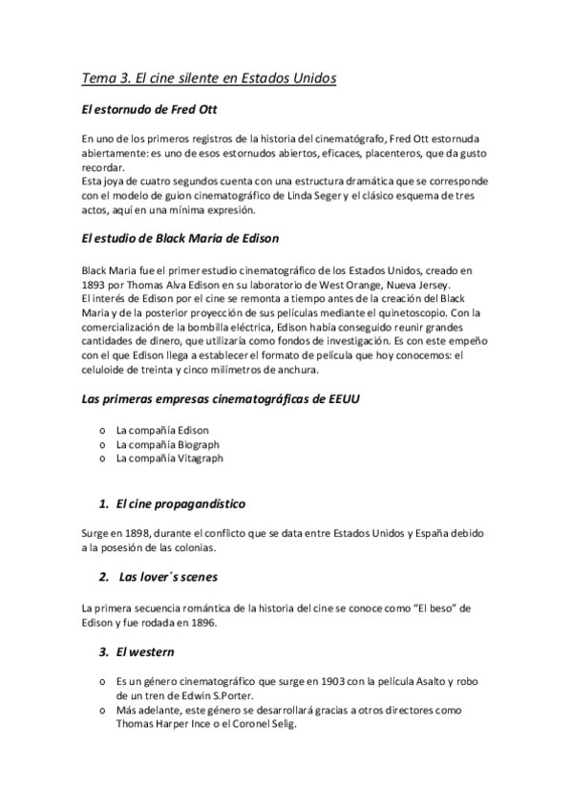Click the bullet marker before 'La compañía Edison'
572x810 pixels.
point(102,431)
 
